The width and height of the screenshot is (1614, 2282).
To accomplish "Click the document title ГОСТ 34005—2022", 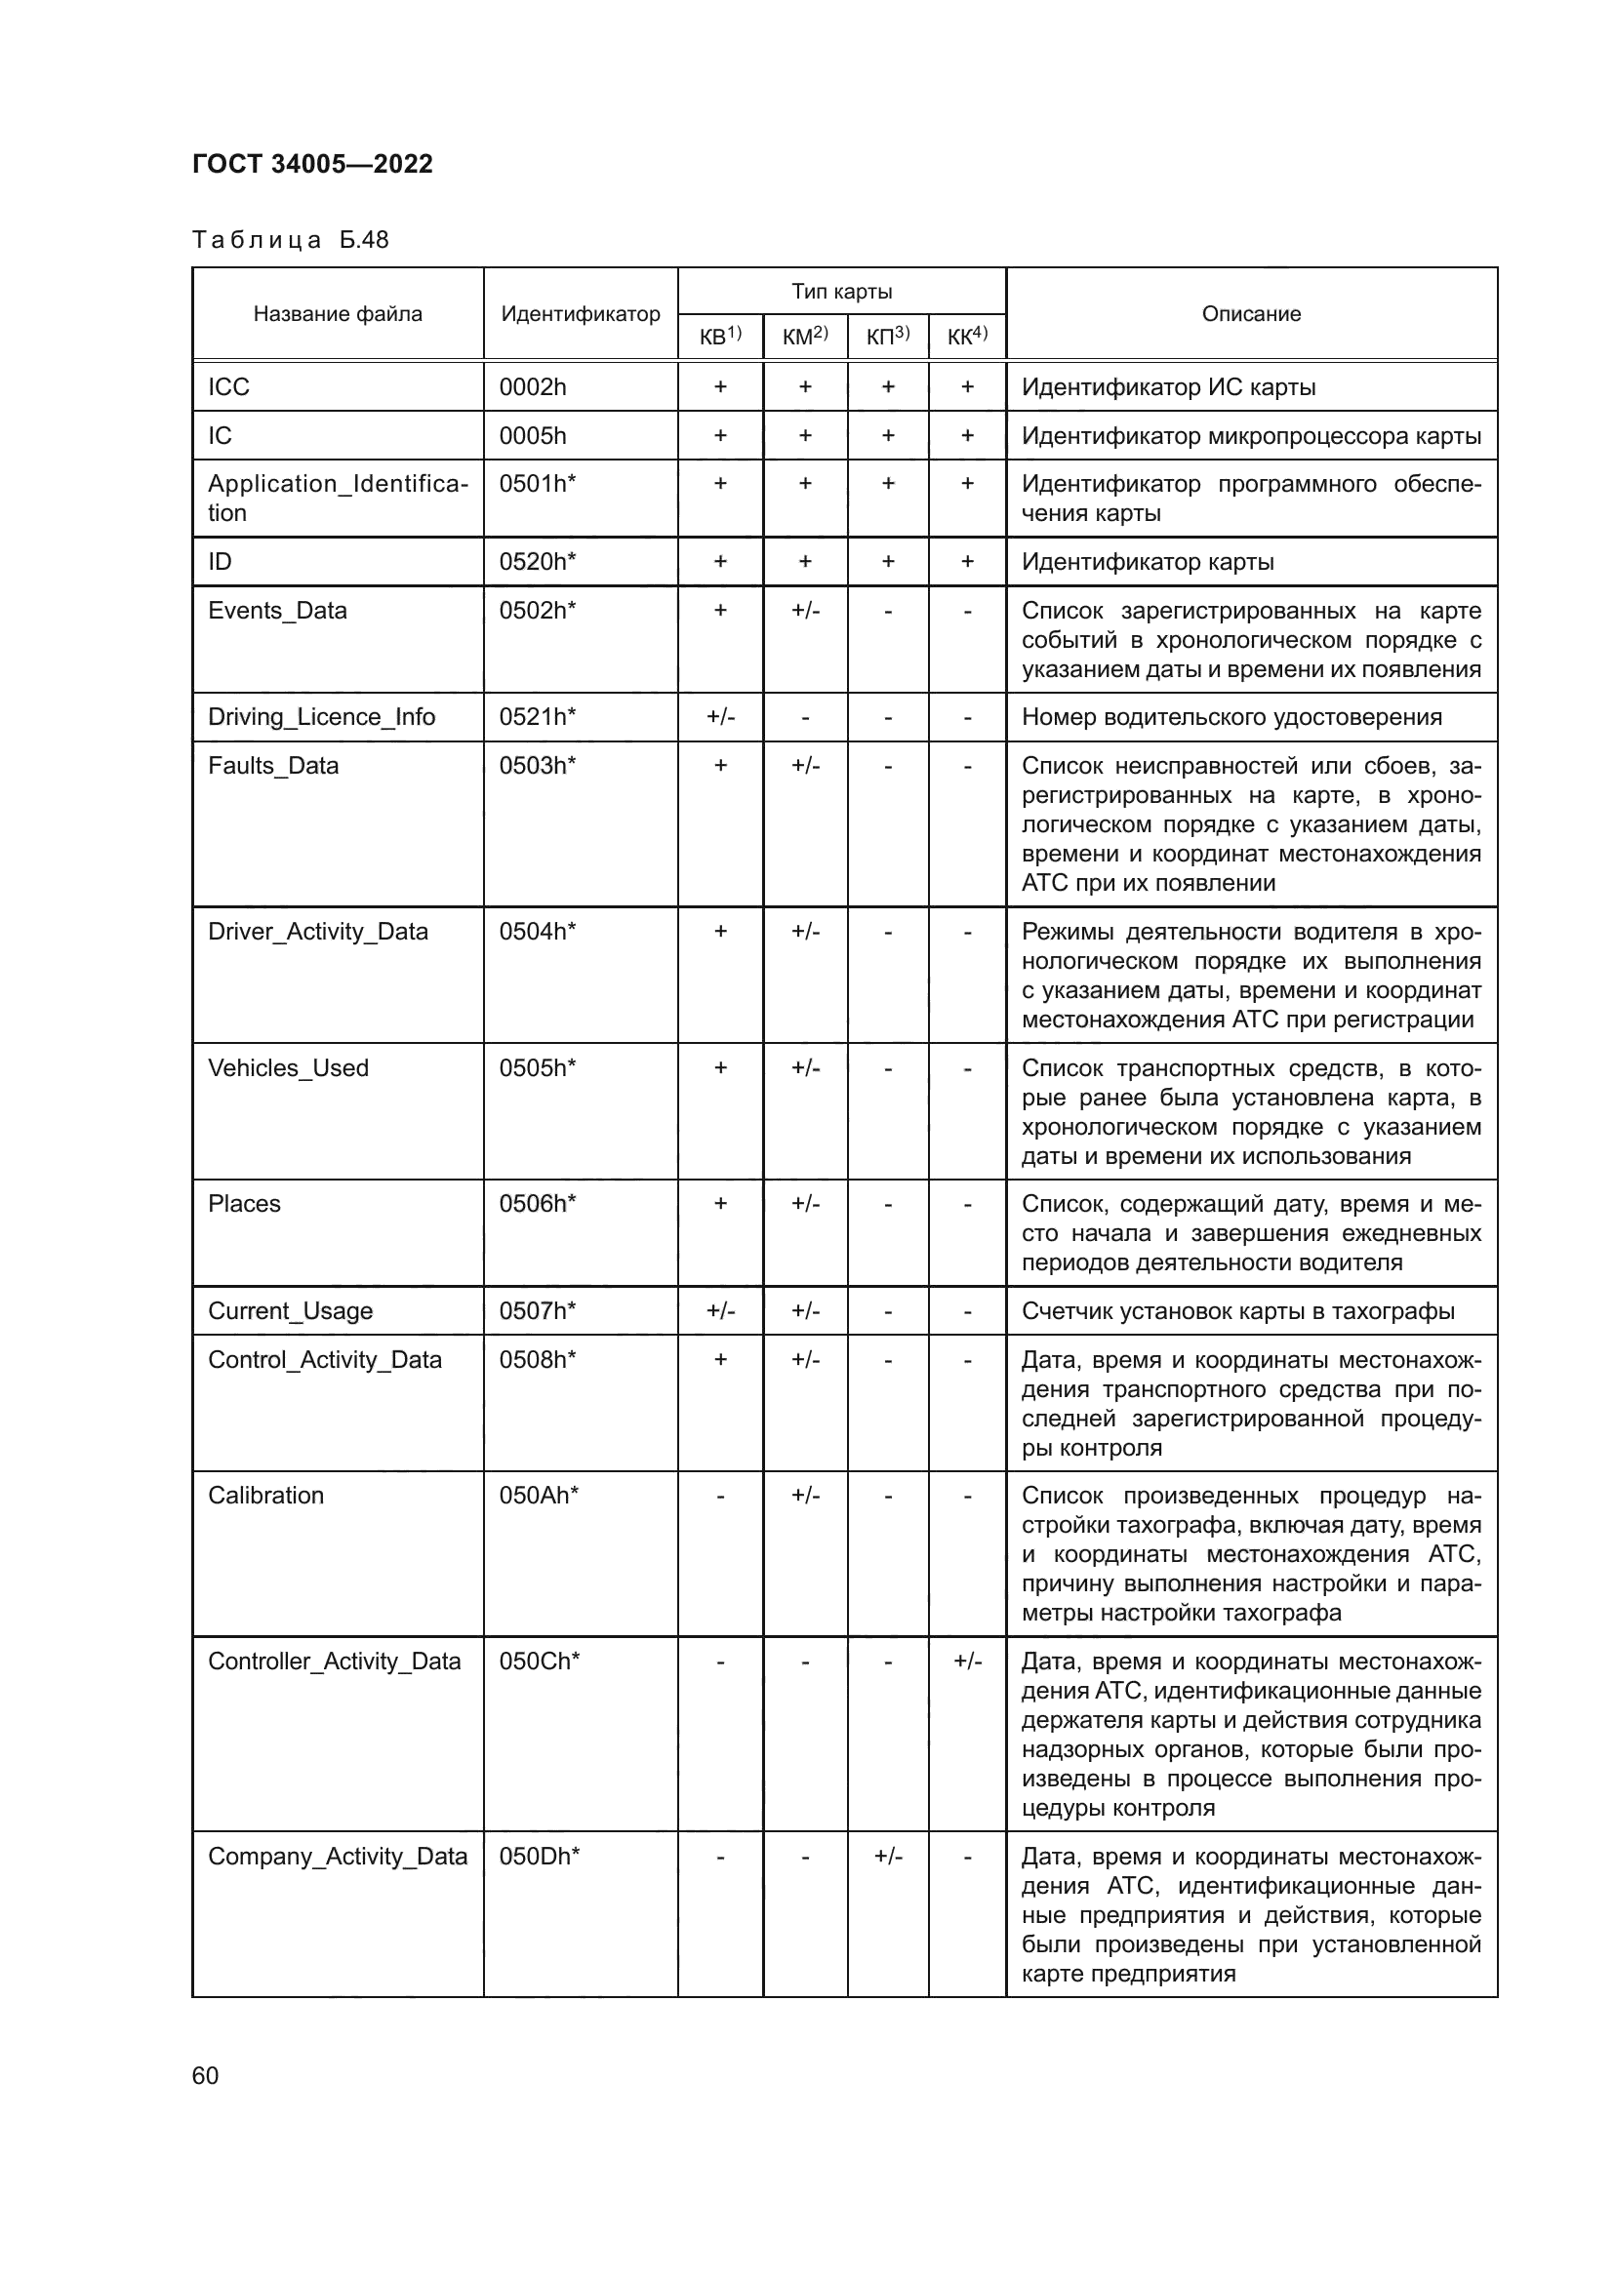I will [312, 164].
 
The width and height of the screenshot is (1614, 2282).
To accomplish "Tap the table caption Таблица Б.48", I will [290, 240].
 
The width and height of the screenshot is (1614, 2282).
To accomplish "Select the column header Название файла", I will [337, 314].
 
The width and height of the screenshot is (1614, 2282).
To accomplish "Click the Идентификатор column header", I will [581, 314].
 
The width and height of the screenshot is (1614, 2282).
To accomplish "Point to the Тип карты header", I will [842, 291].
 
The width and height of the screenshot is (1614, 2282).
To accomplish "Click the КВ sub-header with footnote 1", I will [720, 337].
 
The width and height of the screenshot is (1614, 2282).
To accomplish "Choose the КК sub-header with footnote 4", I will [967, 337].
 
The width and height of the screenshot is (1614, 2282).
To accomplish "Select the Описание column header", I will [1251, 314].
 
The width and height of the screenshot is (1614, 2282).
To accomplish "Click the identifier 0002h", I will [533, 386].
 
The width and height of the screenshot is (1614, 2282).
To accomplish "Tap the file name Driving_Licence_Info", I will [321, 717].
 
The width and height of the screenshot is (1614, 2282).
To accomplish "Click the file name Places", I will [245, 1204].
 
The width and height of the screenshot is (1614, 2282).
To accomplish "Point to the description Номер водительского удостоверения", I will [1231, 717].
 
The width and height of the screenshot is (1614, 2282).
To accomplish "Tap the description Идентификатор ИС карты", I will [1169, 386].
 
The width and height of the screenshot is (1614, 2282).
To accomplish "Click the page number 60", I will [206, 2076].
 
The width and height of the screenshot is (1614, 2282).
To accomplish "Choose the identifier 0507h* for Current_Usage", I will [538, 1311].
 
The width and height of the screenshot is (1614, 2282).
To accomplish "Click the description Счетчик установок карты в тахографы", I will [1238, 1311].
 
